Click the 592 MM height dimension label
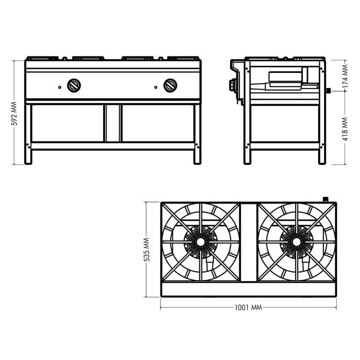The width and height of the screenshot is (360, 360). pos(14,113)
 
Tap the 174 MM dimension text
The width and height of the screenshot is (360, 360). pos(345,76)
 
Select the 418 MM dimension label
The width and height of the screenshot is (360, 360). pos(345,129)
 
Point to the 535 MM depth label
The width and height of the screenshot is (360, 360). pos(146,250)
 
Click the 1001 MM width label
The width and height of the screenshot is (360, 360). pos(248,307)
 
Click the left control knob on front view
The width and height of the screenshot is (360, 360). pos(74,86)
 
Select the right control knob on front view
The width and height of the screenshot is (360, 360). pos(170,86)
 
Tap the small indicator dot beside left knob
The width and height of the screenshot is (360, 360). pos(60,87)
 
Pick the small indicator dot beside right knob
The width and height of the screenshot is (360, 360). pos(156,87)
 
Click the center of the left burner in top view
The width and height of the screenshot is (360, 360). pos(200,242)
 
